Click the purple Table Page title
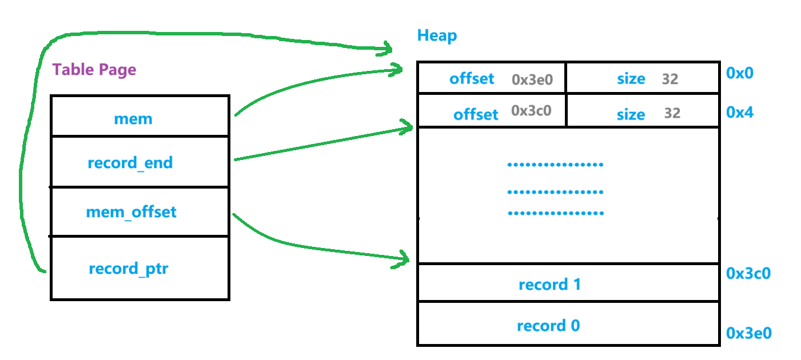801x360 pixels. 94,70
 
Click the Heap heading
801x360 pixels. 437,36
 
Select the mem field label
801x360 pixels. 133,119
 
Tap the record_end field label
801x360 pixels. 130,163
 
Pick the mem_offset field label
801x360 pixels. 131,213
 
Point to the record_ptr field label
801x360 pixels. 129,269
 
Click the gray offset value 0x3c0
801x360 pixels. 531,111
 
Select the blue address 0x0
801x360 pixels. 740,73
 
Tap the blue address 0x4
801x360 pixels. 740,113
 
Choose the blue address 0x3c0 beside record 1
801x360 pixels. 748,274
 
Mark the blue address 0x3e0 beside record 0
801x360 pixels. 748,333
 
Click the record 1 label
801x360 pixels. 549,285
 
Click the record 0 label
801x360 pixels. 548,326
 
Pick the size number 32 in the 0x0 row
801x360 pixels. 670,79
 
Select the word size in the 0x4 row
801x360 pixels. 631,115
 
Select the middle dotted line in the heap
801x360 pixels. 555,192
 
